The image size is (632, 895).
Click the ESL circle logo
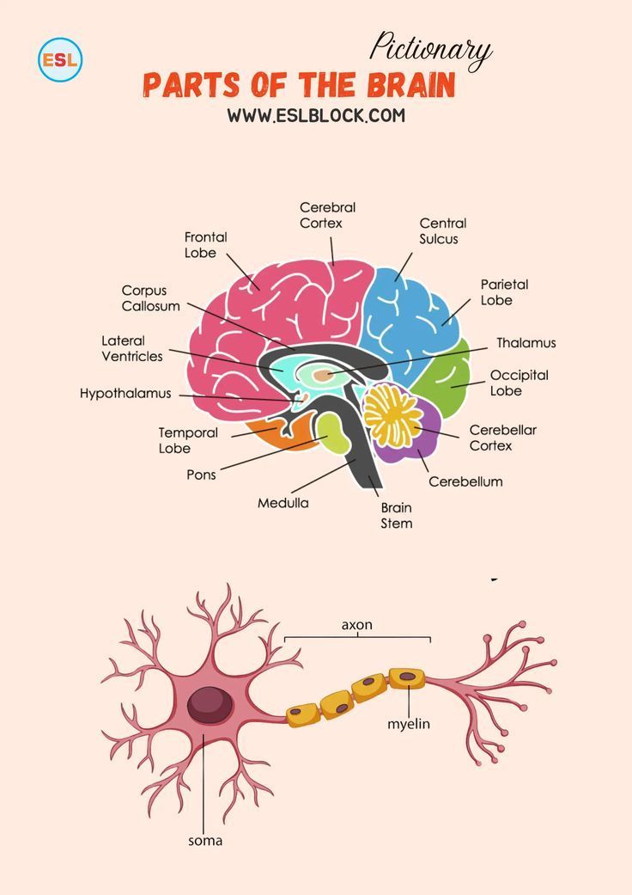pyautogui.click(x=59, y=59)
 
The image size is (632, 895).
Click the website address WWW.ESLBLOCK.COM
pyautogui.click(x=315, y=114)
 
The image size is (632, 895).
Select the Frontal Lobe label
pyautogui.click(x=206, y=245)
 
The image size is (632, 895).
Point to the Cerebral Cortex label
pyautogui.click(x=327, y=215)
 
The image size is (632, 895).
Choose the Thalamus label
pyautogui.click(x=526, y=342)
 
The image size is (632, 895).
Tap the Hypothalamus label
pyautogui.click(x=125, y=393)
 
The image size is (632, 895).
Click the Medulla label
pyautogui.click(x=283, y=503)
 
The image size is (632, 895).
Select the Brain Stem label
pyautogui.click(x=397, y=515)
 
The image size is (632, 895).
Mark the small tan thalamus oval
pyautogui.click(x=323, y=375)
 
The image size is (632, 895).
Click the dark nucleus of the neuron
pyautogui.click(x=210, y=704)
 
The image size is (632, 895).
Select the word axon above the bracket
pyautogui.click(x=357, y=625)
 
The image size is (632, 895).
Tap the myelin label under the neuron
pyautogui.click(x=409, y=724)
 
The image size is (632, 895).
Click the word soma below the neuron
pyautogui.click(x=205, y=840)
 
